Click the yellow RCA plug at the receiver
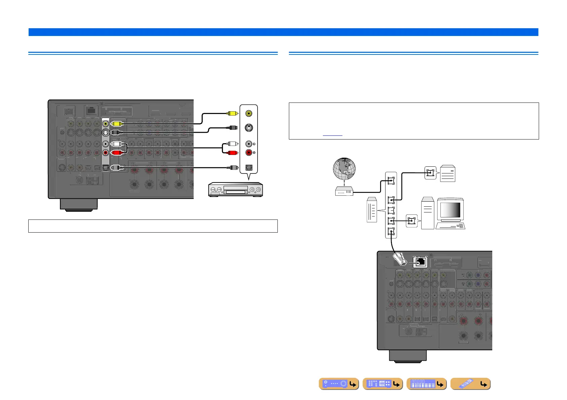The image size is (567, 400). tap(116, 124)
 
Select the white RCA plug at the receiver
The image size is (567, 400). tap(116, 144)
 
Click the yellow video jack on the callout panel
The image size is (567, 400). tap(248, 114)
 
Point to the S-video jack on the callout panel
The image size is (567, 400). tap(248, 128)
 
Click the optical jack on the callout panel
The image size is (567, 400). tap(249, 167)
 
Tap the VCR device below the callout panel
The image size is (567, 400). tap(235, 189)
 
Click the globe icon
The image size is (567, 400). tap(344, 169)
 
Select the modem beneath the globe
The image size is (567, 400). tap(344, 191)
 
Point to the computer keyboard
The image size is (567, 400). tap(451, 226)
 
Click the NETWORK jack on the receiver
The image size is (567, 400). tap(420, 262)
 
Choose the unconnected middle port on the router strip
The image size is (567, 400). tap(391, 210)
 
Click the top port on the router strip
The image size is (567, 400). tap(391, 181)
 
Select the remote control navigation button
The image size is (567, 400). tap(470, 384)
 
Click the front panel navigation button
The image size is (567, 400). tap(339, 384)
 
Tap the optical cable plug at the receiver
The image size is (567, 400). tap(116, 167)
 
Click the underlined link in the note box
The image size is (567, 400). tap(332, 133)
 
